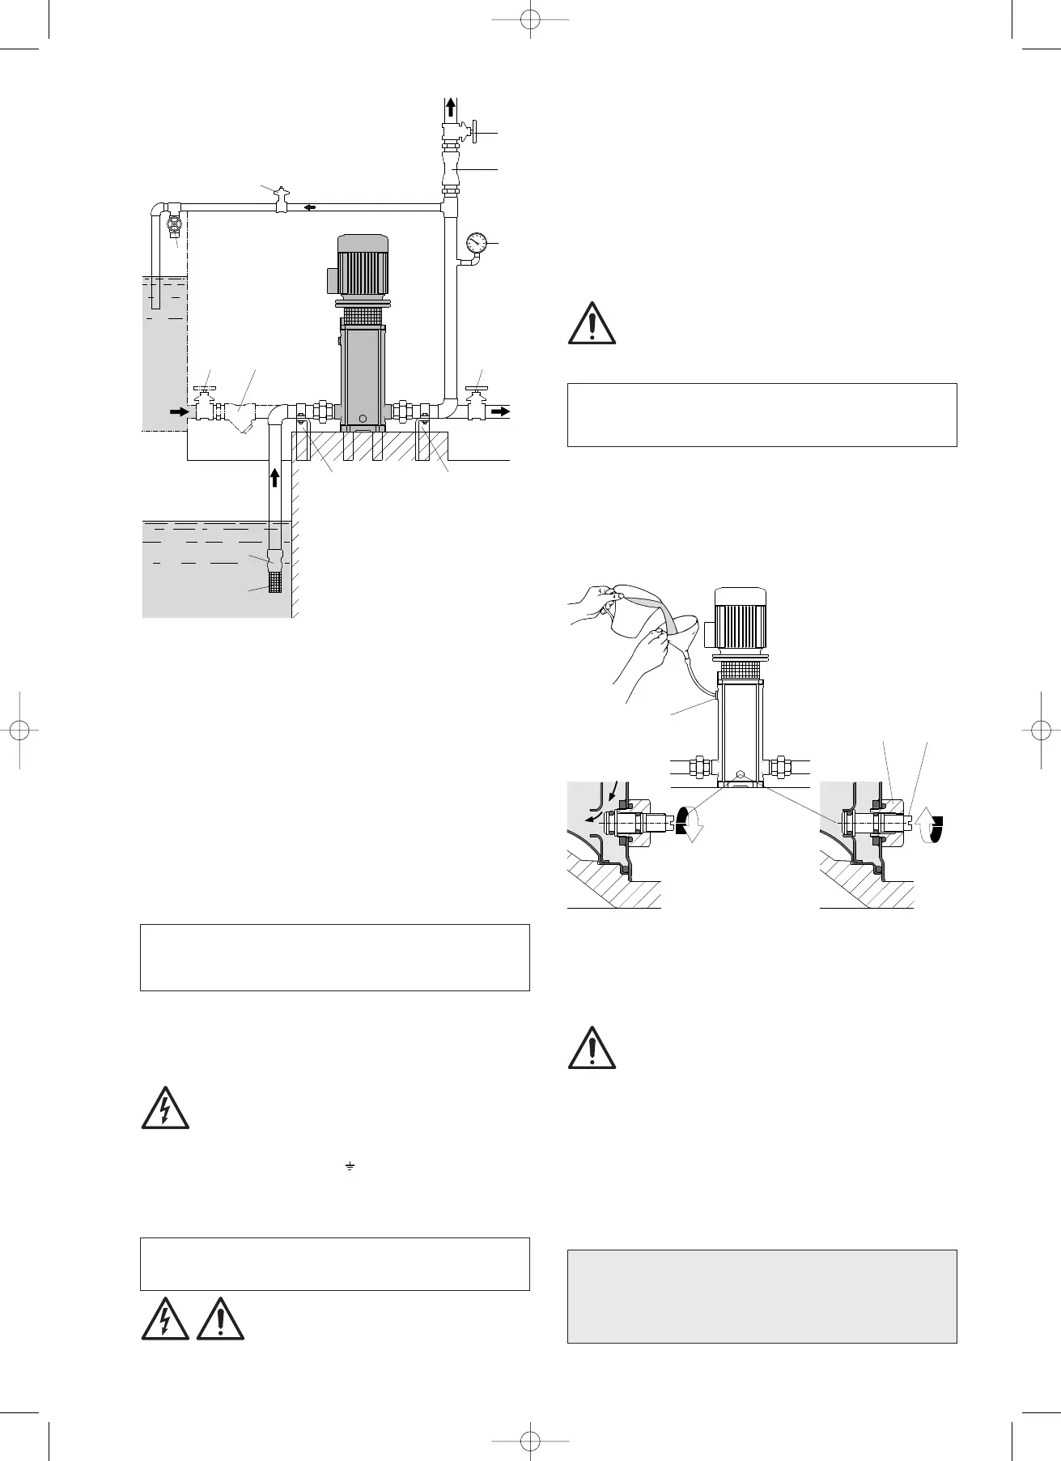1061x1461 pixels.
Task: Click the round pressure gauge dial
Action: click(477, 242)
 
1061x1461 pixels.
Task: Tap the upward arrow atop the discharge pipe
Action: click(452, 108)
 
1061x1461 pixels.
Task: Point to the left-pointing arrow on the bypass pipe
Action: click(309, 207)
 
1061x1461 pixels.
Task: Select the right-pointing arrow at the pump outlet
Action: click(502, 411)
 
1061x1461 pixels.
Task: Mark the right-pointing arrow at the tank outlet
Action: click(177, 411)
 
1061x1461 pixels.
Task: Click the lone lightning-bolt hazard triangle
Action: click(165, 1107)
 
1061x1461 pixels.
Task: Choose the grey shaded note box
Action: click(762, 1295)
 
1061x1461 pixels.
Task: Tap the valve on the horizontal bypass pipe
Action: click(281, 200)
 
